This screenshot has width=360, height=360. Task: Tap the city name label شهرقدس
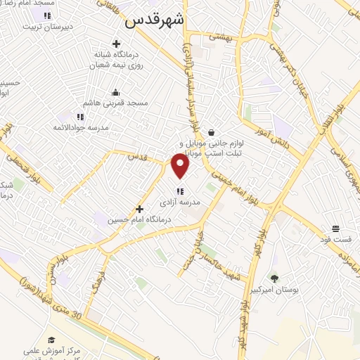(154, 22)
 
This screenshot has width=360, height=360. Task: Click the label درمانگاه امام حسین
(139, 219)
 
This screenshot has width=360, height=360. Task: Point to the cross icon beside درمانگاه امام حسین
(139, 209)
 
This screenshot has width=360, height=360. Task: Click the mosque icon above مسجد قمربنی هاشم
(116, 92)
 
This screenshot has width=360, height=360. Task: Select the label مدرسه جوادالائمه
(79, 127)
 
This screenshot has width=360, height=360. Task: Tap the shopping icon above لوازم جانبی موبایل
(211, 132)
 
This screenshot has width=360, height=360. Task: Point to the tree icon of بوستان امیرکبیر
(274, 278)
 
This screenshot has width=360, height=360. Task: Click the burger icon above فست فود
(335, 229)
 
